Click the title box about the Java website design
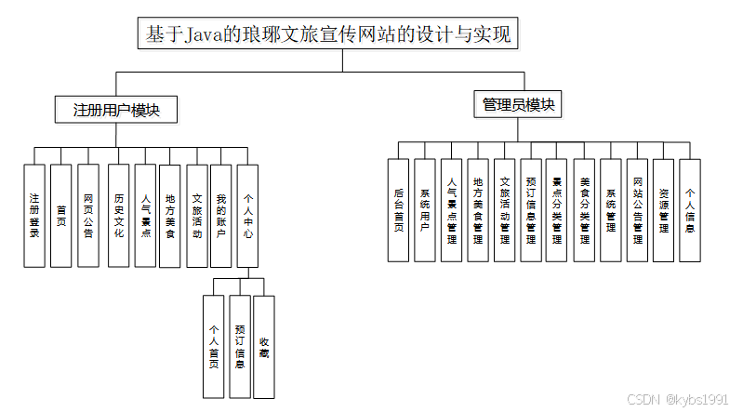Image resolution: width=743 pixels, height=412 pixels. coord(329,35)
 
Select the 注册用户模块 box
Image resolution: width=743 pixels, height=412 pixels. coord(116,110)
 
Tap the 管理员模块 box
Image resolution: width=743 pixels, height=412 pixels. coord(518,104)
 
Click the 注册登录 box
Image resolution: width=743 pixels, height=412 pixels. coord(34,216)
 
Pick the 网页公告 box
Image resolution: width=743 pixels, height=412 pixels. coord(88,216)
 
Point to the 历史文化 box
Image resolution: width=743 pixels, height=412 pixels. coord(118,216)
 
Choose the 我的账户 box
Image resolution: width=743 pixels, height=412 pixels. coord(220,216)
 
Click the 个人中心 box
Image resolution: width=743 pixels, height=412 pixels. coord(248,216)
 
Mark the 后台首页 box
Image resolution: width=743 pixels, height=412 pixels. coord(398,210)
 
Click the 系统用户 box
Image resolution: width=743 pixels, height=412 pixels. coord(425,210)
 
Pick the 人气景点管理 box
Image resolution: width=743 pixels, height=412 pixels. coord(452,210)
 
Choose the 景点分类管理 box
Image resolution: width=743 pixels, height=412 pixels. coord(557,210)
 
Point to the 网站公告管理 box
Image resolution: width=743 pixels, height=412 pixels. coord(638,210)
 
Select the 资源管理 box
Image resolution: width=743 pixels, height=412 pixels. coord(663,210)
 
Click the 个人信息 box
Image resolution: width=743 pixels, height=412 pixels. coord(689,210)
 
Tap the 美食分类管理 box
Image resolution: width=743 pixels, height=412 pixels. coord(584,210)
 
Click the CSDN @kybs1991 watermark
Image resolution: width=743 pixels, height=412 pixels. coord(678,399)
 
